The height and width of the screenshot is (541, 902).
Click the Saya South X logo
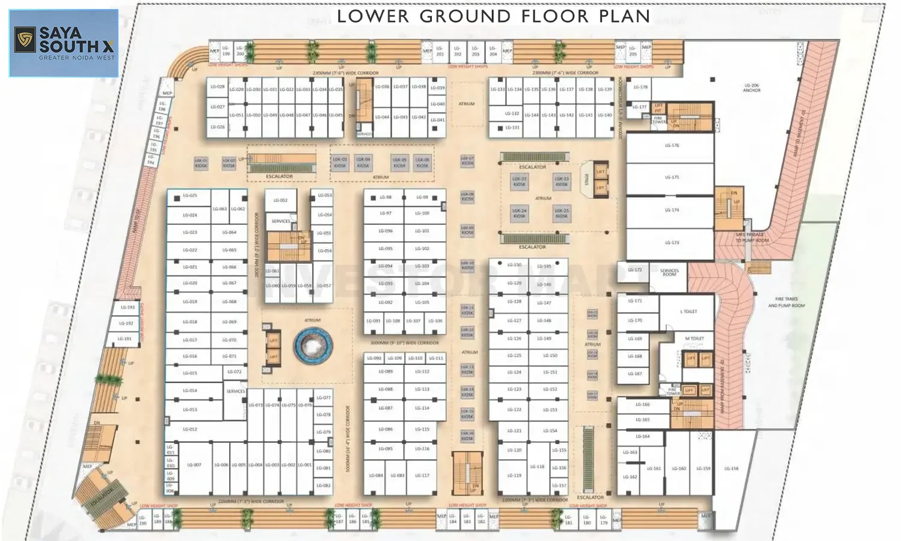(64, 43)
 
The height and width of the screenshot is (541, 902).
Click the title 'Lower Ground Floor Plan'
(493, 16)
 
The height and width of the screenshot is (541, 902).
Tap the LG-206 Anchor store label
(752, 88)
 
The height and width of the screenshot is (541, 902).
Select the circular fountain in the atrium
(313, 346)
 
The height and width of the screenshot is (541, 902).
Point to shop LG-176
(672, 145)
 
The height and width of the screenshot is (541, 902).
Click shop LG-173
(672, 243)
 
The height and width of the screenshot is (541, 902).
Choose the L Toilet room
(689, 311)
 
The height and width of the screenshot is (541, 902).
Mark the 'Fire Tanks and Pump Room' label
(786, 302)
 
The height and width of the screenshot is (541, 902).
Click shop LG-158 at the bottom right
(731, 468)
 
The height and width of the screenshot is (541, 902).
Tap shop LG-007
(194, 465)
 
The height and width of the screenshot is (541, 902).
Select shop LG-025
(189, 196)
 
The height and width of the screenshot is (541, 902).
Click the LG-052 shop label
(280, 200)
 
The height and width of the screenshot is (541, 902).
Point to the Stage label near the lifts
(587, 179)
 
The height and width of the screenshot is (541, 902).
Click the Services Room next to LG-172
(669, 272)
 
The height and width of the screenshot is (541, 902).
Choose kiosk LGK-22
(519, 181)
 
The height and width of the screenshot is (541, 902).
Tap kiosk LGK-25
(562, 213)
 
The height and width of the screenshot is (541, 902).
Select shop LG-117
(422, 475)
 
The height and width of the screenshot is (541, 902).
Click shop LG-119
(514, 475)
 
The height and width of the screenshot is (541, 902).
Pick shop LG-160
(679, 468)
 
